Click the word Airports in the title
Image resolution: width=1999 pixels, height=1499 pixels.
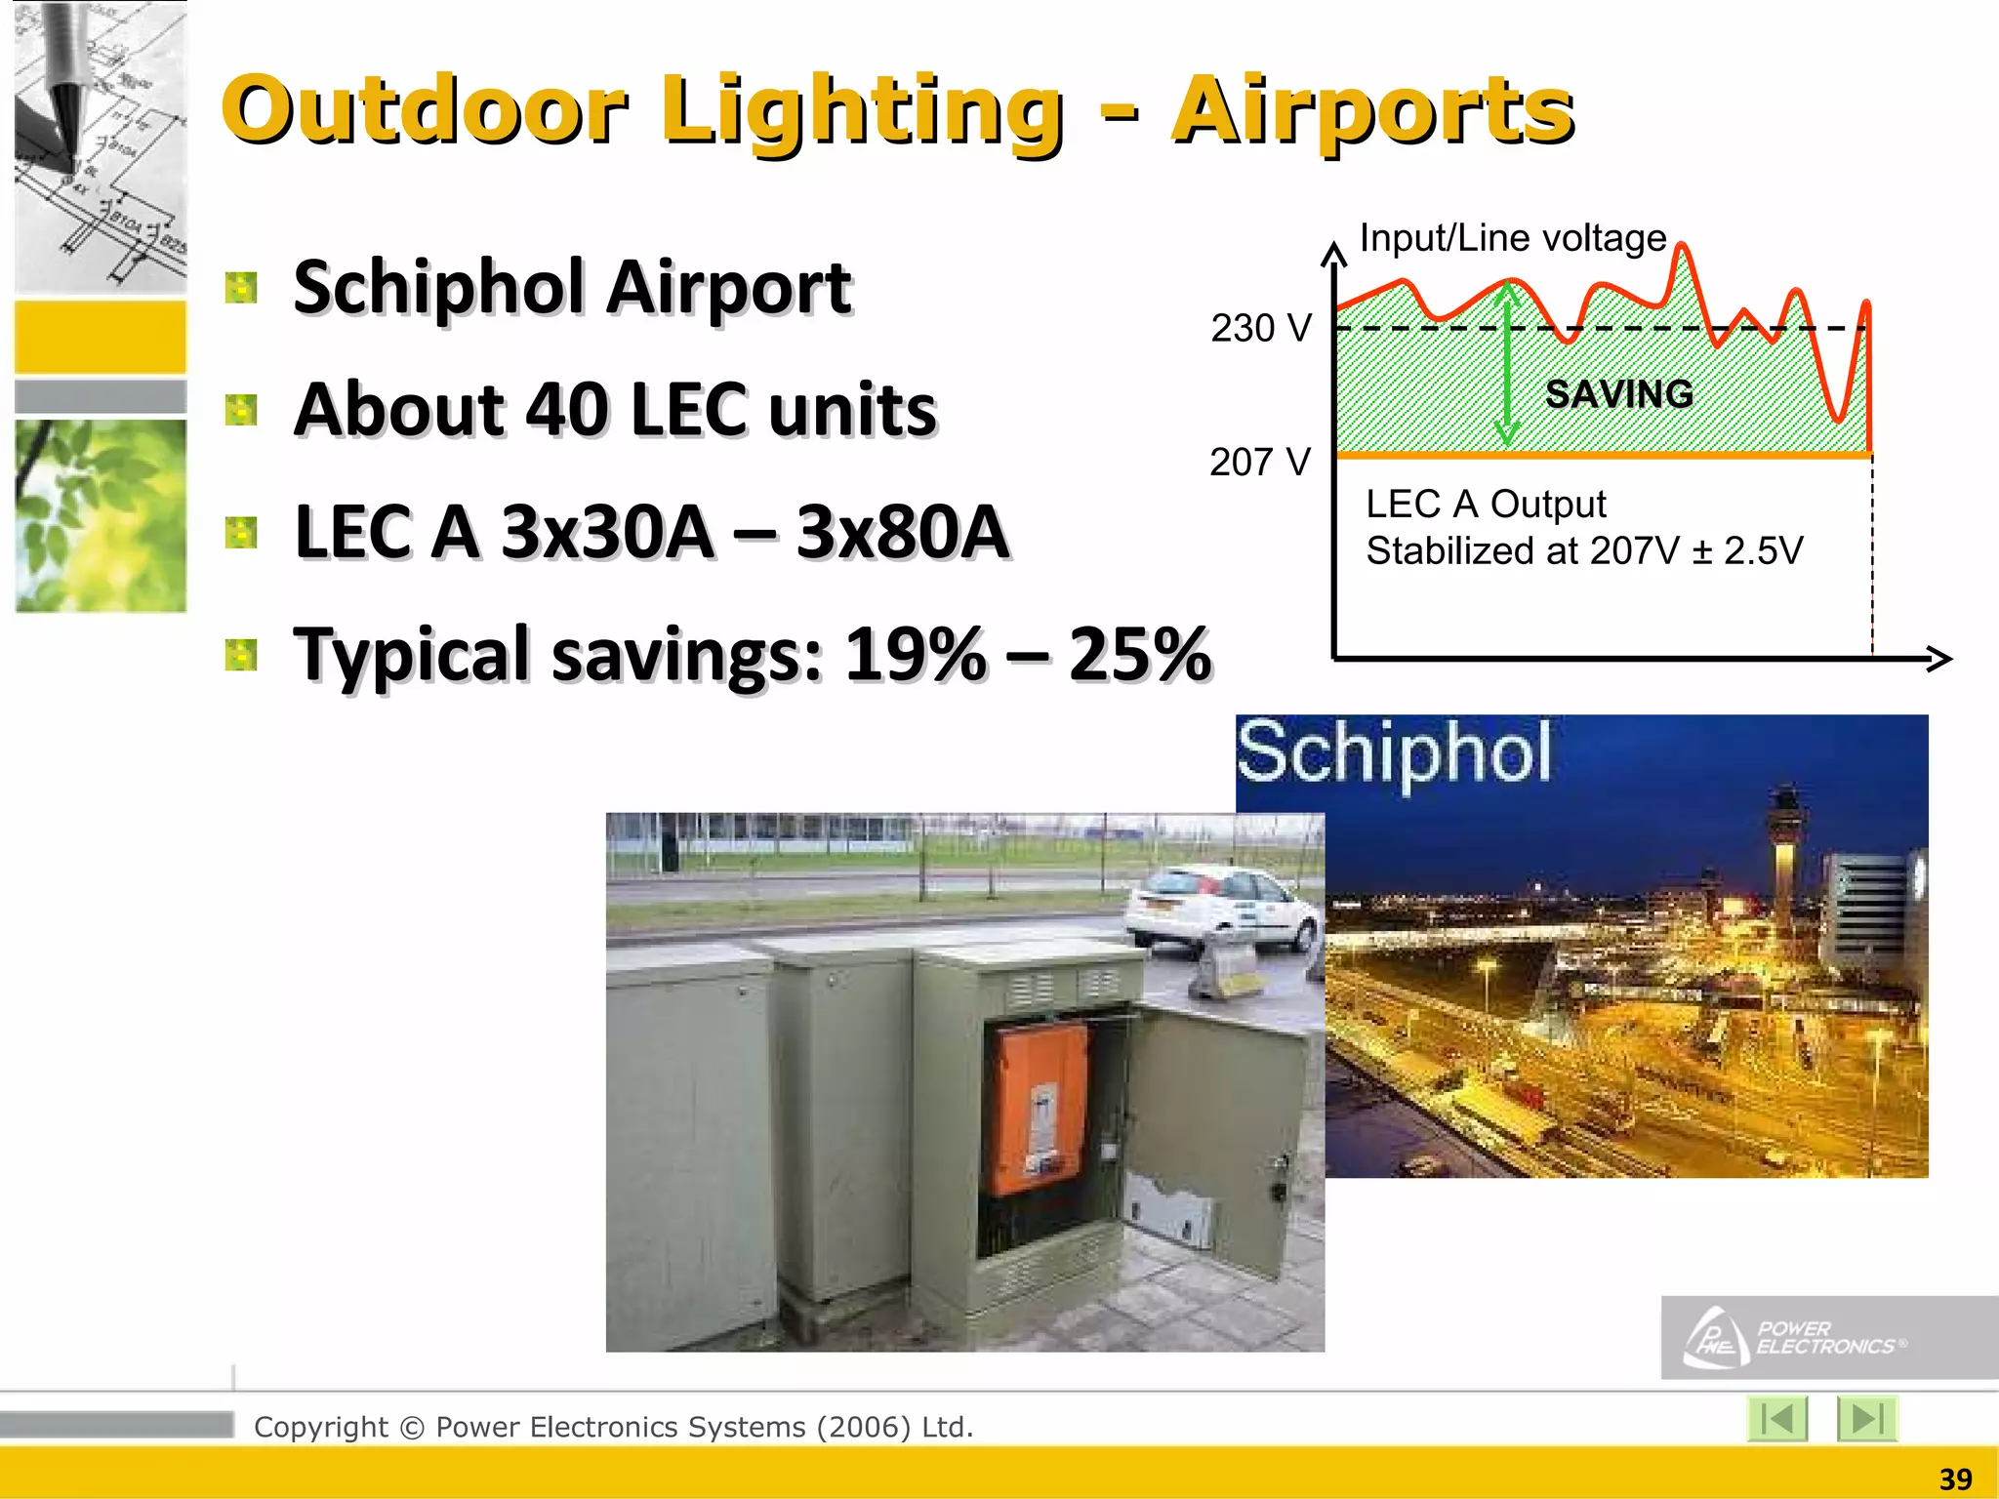tap(1371, 112)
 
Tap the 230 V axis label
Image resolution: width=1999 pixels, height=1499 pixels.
tap(1261, 328)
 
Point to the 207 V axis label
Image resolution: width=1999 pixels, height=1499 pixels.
tap(1259, 462)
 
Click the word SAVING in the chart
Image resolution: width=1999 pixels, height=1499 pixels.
tap(1619, 394)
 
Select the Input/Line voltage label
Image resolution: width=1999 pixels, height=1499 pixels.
tap(1512, 238)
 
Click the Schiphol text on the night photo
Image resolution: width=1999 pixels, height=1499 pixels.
tap(1394, 753)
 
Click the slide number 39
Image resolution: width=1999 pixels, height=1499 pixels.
tap(1955, 1479)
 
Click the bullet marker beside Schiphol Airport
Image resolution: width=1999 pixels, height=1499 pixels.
tap(241, 288)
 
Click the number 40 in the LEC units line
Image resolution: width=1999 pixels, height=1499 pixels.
tap(566, 410)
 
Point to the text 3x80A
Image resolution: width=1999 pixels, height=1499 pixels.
tap(902, 533)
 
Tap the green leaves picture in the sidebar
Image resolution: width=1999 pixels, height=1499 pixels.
tap(101, 515)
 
